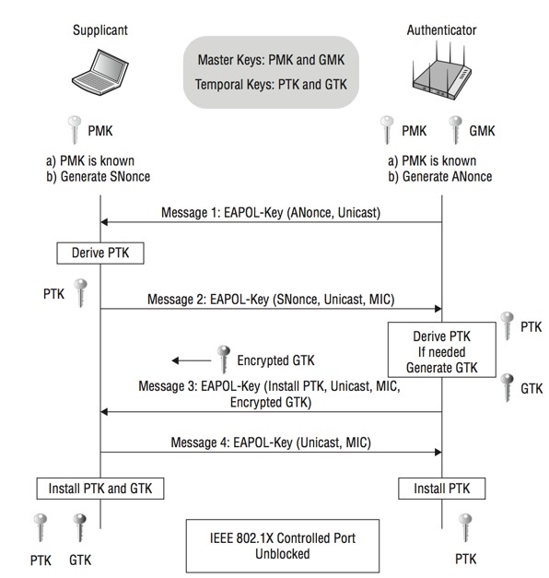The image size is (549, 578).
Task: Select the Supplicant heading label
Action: coord(99,30)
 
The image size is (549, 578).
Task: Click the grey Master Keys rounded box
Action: coord(270,72)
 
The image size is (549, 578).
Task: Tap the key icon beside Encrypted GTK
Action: coord(222,359)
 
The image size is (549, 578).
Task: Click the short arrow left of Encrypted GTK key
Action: coord(188,361)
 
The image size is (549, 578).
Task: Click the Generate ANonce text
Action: coord(439,176)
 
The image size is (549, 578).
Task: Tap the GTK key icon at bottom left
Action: coord(78,529)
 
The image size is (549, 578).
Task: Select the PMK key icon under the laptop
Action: coord(79,130)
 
